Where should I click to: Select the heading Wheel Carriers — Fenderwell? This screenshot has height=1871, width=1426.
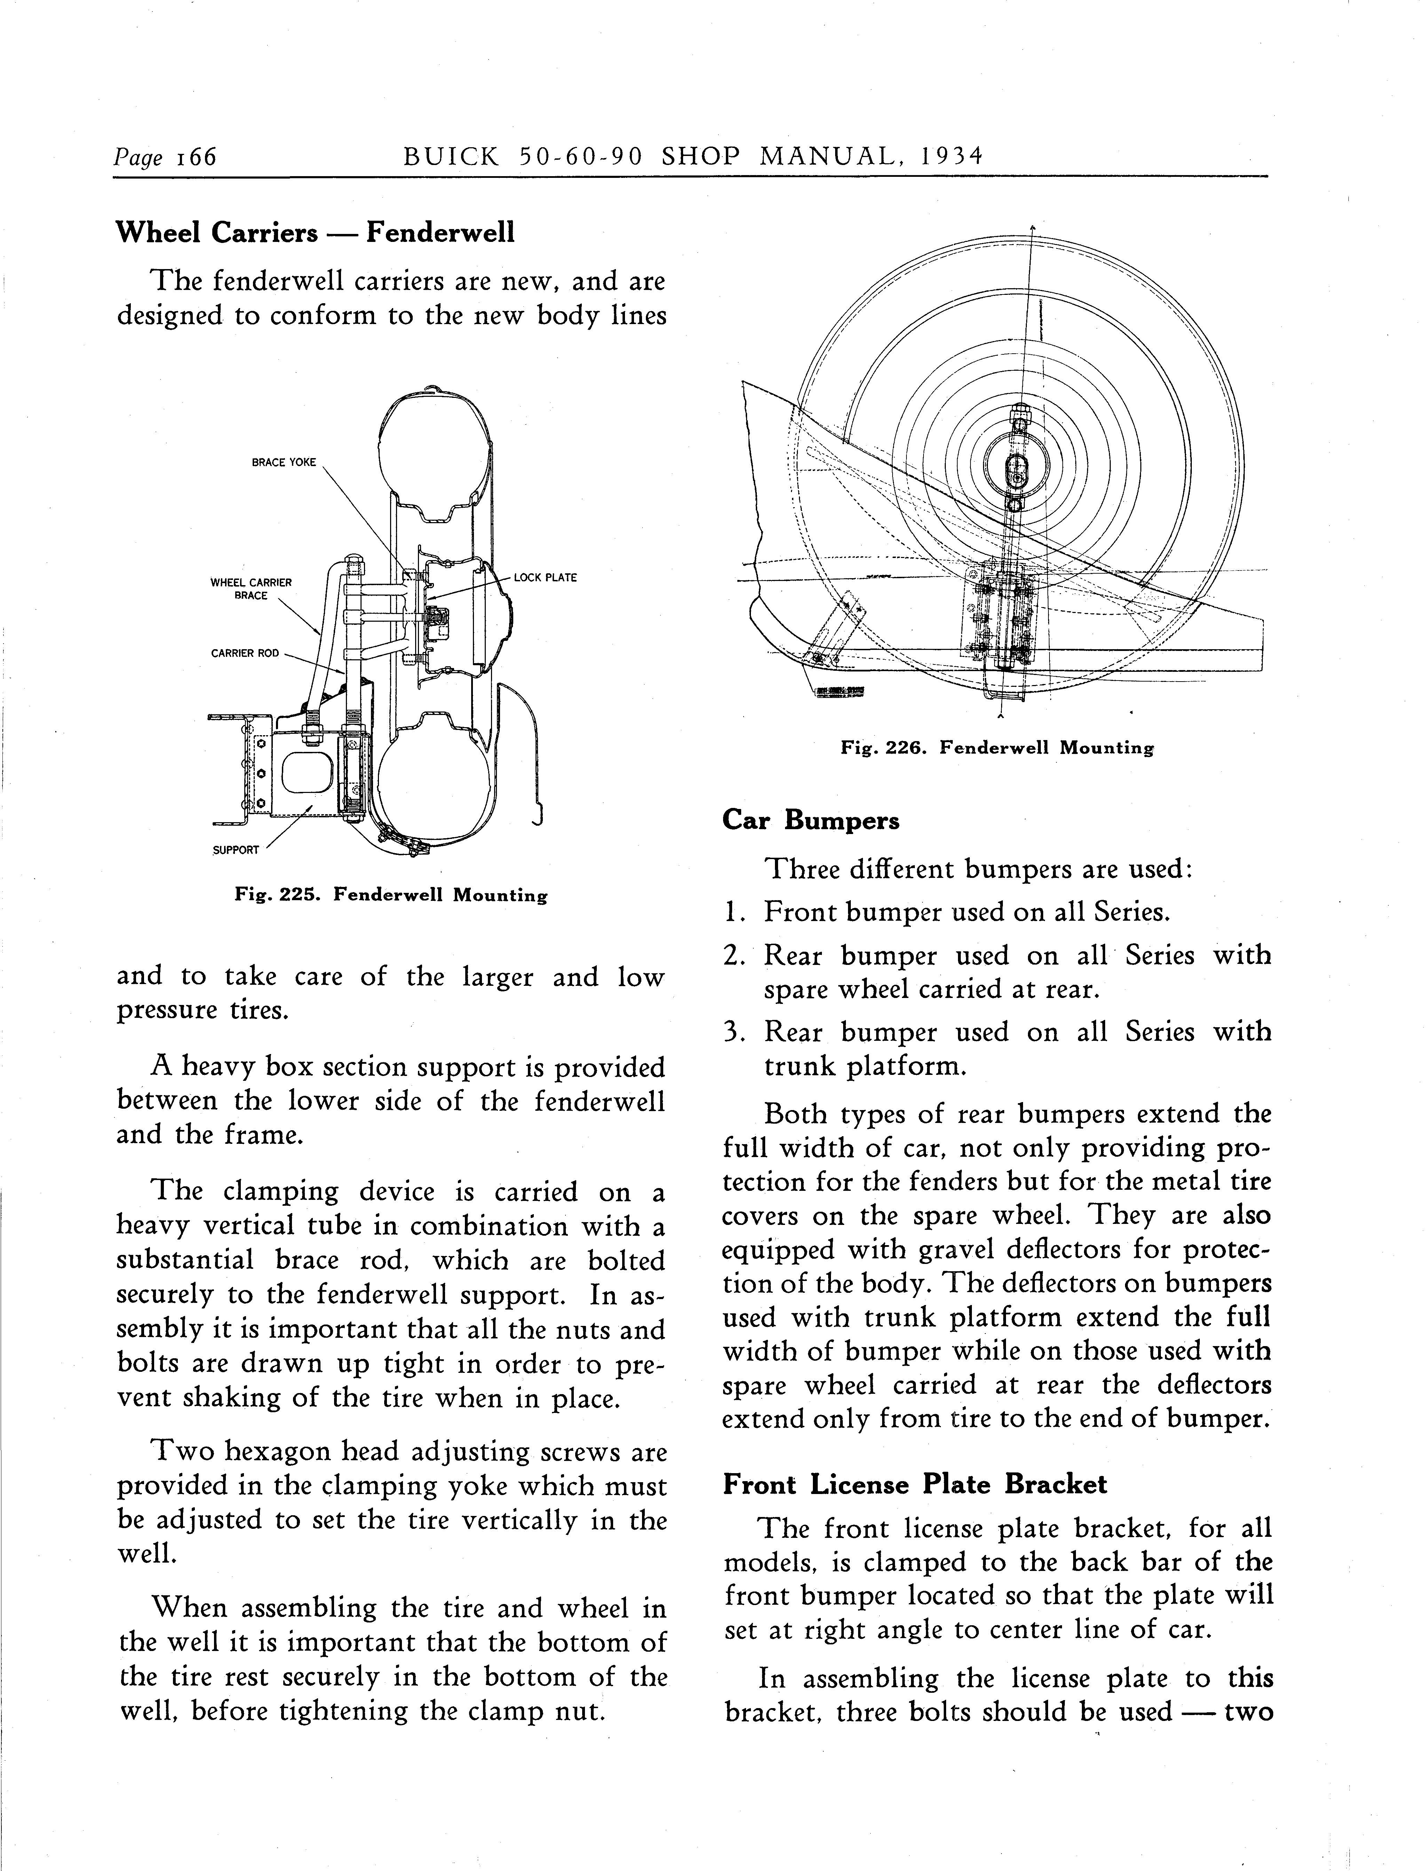pos(315,232)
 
